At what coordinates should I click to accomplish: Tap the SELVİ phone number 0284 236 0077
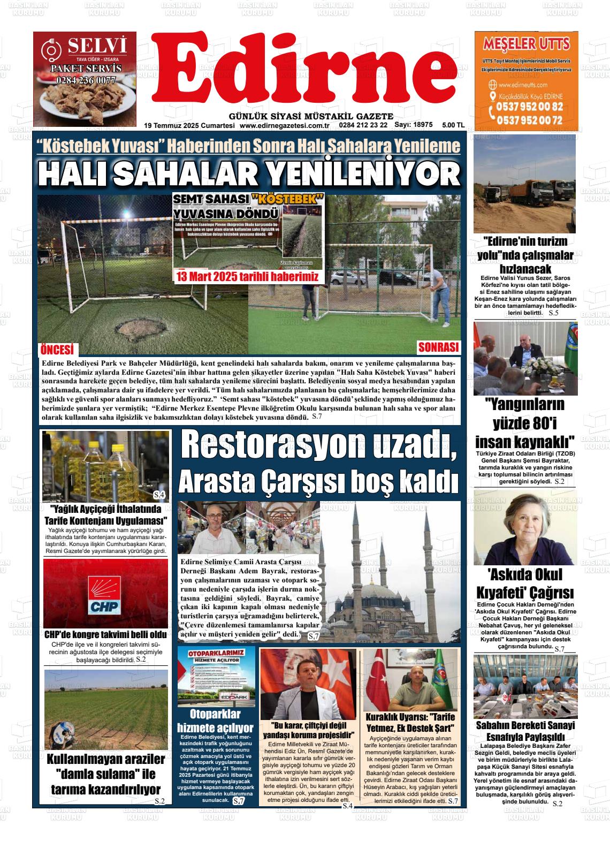tap(86, 81)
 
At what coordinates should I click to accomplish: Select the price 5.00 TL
tap(453, 125)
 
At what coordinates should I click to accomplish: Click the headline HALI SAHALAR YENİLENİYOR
tap(249, 173)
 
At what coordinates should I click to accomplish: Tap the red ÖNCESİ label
tap(57, 350)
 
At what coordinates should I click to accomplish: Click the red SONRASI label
tap(438, 347)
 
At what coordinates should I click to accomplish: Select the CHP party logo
tap(106, 595)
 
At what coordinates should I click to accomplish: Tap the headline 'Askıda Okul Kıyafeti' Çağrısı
tap(525, 584)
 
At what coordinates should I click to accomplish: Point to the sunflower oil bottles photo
tap(106, 466)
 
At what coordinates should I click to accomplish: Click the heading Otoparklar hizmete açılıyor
tap(215, 721)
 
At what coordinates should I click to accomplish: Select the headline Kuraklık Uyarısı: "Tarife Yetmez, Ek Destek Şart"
tap(410, 723)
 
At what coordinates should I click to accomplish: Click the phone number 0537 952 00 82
tap(529, 107)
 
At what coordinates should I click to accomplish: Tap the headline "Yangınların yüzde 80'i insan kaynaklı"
tap(525, 423)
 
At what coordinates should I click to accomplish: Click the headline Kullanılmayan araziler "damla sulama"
tap(106, 774)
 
